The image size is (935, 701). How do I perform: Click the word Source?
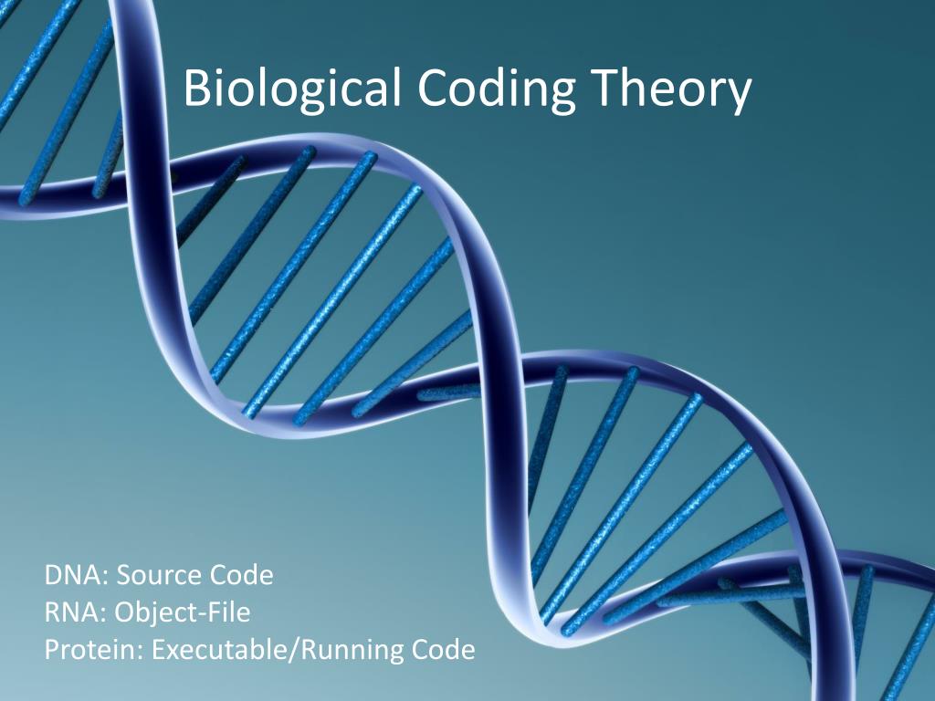click(x=160, y=576)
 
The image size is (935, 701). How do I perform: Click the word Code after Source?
click(x=241, y=576)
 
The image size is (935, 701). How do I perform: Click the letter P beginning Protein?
click(x=51, y=650)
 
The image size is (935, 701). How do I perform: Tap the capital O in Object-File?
click(x=126, y=612)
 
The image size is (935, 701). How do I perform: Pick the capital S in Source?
click(x=124, y=576)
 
